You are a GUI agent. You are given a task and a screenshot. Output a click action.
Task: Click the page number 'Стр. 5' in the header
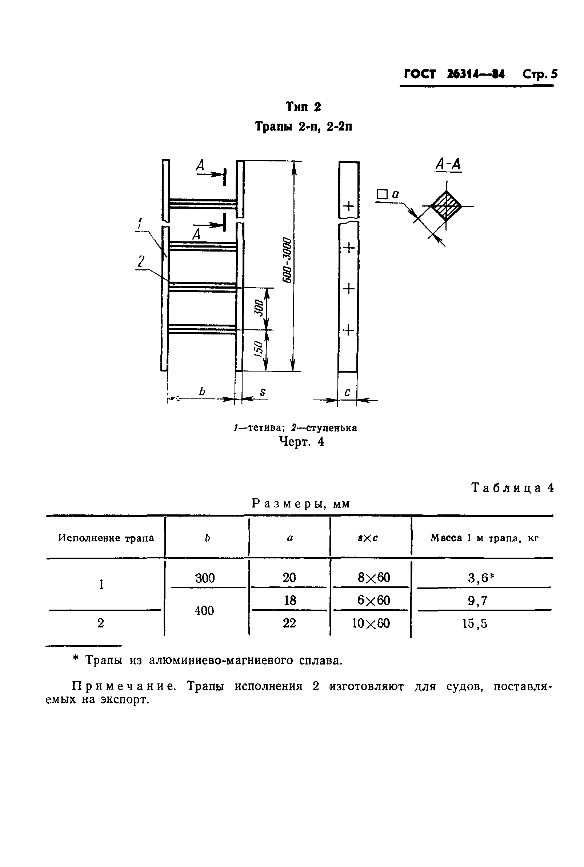pyautogui.click(x=540, y=75)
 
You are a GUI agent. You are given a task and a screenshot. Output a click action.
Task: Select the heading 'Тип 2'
pyautogui.click(x=303, y=107)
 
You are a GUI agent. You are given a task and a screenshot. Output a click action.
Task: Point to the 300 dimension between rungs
pyautogui.click(x=259, y=309)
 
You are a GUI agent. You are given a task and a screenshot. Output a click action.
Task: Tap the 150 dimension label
pyautogui.click(x=259, y=350)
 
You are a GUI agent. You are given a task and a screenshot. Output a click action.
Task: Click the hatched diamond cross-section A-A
pyautogui.click(x=446, y=206)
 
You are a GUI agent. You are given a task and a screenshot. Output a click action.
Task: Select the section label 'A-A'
pyautogui.click(x=448, y=164)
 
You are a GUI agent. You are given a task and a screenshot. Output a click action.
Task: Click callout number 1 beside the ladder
pyautogui.click(x=140, y=224)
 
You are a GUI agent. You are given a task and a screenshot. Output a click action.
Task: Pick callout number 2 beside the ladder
pyautogui.click(x=140, y=262)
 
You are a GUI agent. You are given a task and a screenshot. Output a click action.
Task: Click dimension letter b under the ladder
pyautogui.click(x=202, y=392)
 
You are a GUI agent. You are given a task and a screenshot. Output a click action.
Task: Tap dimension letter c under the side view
pyautogui.click(x=347, y=392)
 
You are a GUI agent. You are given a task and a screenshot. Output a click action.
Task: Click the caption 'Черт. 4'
pyautogui.click(x=302, y=442)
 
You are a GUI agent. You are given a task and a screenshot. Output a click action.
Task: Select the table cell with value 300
pyautogui.click(x=205, y=578)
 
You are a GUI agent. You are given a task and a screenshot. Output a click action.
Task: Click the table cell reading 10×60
pyautogui.click(x=371, y=623)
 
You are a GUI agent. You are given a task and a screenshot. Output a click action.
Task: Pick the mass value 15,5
pyautogui.click(x=475, y=623)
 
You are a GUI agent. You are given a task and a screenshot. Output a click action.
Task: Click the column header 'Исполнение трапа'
pyautogui.click(x=106, y=538)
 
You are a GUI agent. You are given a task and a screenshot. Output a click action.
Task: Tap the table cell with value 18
pyautogui.click(x=290, y=601)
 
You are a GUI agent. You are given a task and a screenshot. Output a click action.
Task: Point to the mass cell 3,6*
pyautogui.click(x=480, y=578)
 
